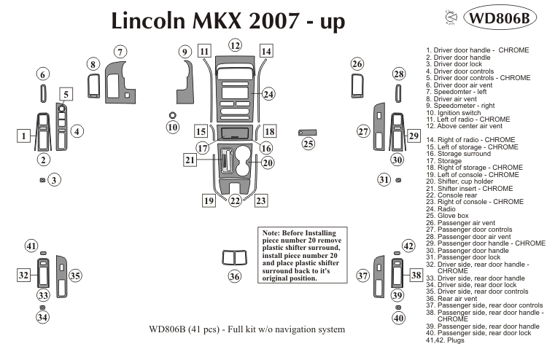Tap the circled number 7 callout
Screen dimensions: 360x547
pos(120,51)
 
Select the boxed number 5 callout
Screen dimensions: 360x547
pos(66,94)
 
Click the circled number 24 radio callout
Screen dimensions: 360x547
pos(268,94)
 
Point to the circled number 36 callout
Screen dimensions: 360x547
pos(234,276)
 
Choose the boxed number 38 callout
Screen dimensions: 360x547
pos(415,275)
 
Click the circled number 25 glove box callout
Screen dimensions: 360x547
pos(309,144)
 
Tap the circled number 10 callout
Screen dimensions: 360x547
pos(172,128)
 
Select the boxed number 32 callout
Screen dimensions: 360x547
pos(24,275)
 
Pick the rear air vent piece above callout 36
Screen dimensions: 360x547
pos(234,257)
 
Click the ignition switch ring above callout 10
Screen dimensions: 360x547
pos(171,115)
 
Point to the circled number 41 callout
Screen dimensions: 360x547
pos(31,246)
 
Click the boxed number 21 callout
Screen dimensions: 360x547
pos(190,160)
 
